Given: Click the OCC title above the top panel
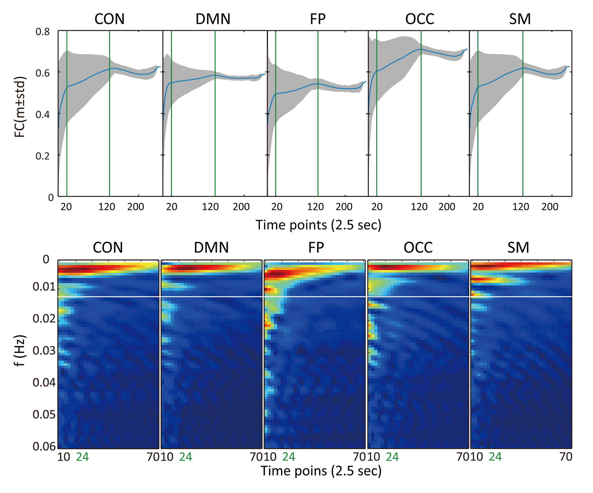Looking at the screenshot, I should [420, 19].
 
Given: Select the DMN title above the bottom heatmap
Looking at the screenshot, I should [211, 248].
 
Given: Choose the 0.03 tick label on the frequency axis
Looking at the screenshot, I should [44, 350].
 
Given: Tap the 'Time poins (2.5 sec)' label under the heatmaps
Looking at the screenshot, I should [321, 471].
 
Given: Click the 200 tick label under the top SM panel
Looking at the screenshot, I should [550, 207].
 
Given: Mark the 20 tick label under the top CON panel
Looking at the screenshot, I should [66, 207].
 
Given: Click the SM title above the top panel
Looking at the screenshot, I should [520, 19].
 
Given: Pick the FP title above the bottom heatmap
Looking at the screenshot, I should [316, 248].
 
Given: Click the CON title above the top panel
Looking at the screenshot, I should [109, 19].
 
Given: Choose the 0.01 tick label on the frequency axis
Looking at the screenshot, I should [44, 286].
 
